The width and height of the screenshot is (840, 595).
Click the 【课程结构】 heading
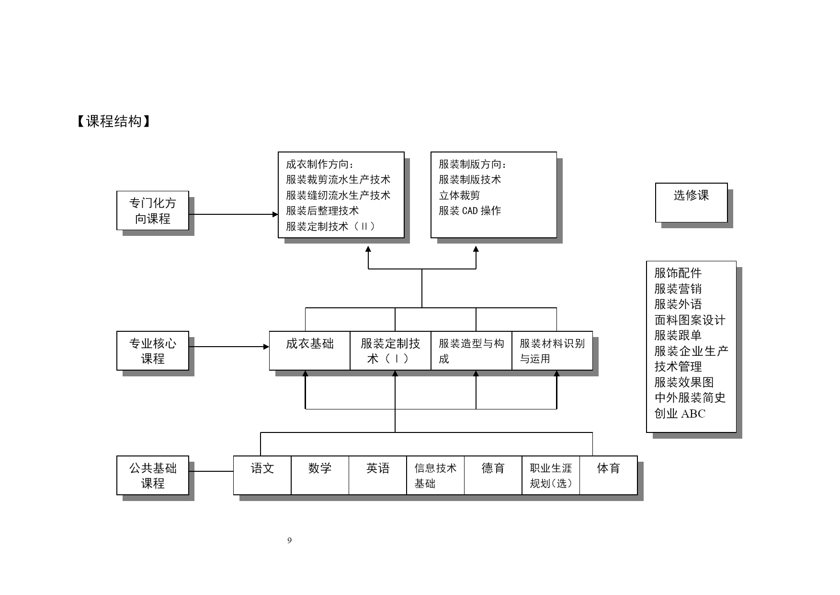coord(114,121)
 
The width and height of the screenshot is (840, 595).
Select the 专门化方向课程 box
coord(153,210)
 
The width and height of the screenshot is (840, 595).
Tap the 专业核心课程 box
coord(153,351)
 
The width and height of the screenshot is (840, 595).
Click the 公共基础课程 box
coord(153,476)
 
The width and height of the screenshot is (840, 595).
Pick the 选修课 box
coord(692,202)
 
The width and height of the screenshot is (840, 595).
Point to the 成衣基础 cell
coord(310,351)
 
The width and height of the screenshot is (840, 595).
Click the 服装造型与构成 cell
coord(472,351)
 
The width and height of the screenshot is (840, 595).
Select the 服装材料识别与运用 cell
coord(553,351)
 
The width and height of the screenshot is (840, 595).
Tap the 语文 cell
coord(262,476)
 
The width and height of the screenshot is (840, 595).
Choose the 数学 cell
coord(320,476)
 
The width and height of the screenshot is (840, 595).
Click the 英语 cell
coord(378,476)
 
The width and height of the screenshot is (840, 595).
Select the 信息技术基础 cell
coord(435,476)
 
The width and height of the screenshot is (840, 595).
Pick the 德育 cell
coord(493,476)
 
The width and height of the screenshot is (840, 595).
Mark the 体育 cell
coord(609,476)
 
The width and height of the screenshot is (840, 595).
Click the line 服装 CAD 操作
coord(470,211)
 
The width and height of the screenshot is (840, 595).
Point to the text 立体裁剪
coord(459,195)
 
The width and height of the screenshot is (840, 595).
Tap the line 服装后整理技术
coord(322,211)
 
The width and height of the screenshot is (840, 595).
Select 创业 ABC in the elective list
coord(680,414)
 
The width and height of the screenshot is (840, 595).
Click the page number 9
coord(289,541)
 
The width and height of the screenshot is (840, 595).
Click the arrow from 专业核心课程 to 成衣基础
coord(229,347)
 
